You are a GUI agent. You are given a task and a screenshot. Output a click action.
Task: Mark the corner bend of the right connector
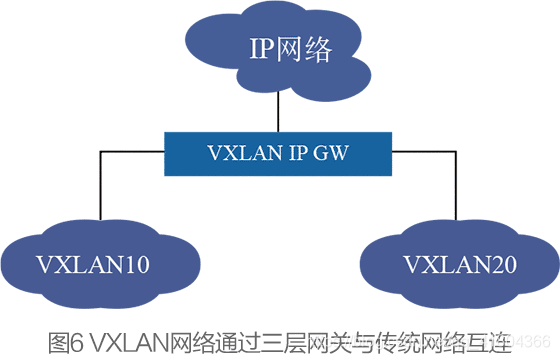[458, 153]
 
